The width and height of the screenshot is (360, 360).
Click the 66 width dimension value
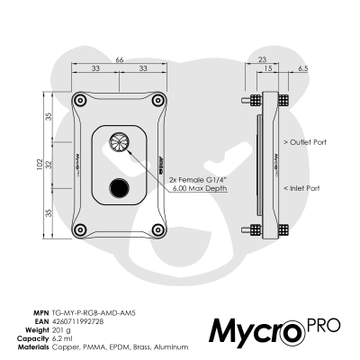point(121,58)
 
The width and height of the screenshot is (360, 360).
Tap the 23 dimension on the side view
point(263,58)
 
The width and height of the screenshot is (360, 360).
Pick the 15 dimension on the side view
point(268,68)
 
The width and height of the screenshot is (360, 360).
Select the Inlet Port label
point(301,188)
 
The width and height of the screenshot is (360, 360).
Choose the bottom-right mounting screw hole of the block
point(158,226)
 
